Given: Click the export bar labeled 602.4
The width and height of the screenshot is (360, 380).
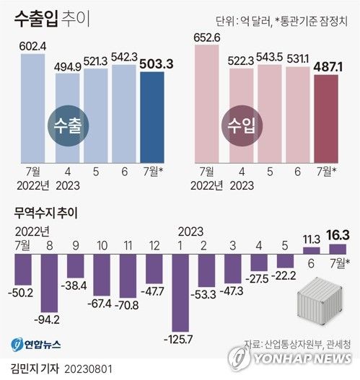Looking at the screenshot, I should click(33, 108).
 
